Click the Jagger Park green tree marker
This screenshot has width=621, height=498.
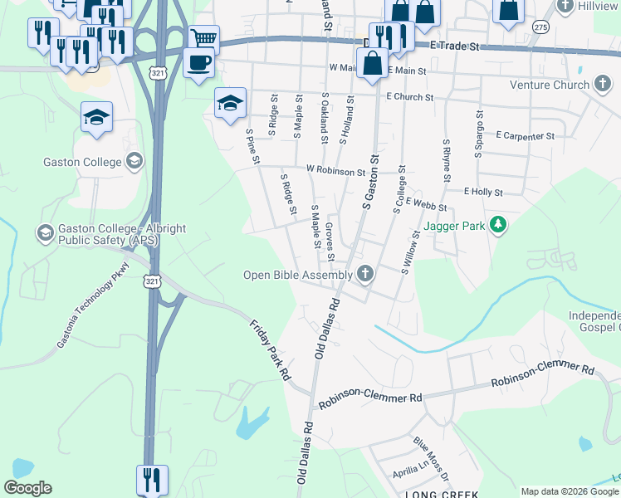coord(498,225)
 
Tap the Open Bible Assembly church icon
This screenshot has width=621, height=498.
coord(365,274)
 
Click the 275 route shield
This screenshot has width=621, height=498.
coord(541,27)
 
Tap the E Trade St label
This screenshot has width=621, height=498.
coord(455,47)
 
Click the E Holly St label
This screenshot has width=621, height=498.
coord(484,192)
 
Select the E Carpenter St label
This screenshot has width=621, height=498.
coord(525,134)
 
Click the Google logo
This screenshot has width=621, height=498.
coord(27,488)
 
